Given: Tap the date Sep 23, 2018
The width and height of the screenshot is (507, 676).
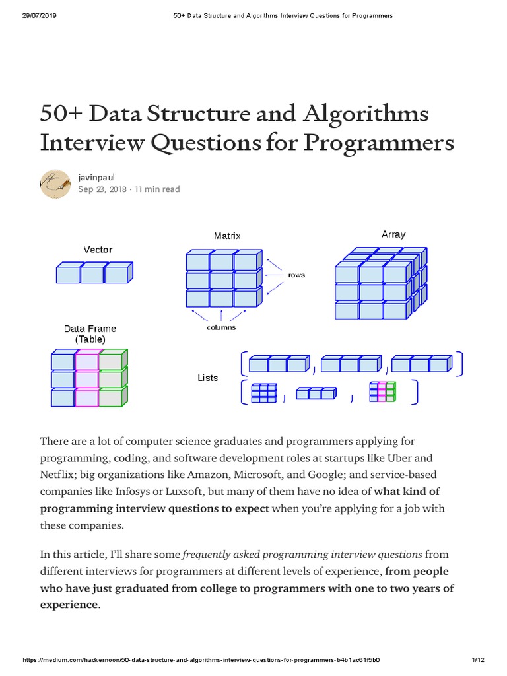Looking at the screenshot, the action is tap(102, 189).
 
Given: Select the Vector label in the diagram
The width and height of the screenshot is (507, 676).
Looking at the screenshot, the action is tap(98, 250).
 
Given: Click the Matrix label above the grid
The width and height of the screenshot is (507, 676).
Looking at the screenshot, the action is tap(227, 236).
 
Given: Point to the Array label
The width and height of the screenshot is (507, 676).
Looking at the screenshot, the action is tap(393, 234).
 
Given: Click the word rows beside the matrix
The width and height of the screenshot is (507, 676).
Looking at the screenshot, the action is tap(296, 275).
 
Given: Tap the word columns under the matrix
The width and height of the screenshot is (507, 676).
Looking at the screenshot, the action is tap(220, 327).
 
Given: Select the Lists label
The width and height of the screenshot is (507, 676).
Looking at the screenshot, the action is tap(207, 378).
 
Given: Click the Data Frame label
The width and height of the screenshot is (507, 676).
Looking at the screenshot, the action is tap(90, 329).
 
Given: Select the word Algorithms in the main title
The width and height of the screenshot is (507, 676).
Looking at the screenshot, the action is tap(367, 114).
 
